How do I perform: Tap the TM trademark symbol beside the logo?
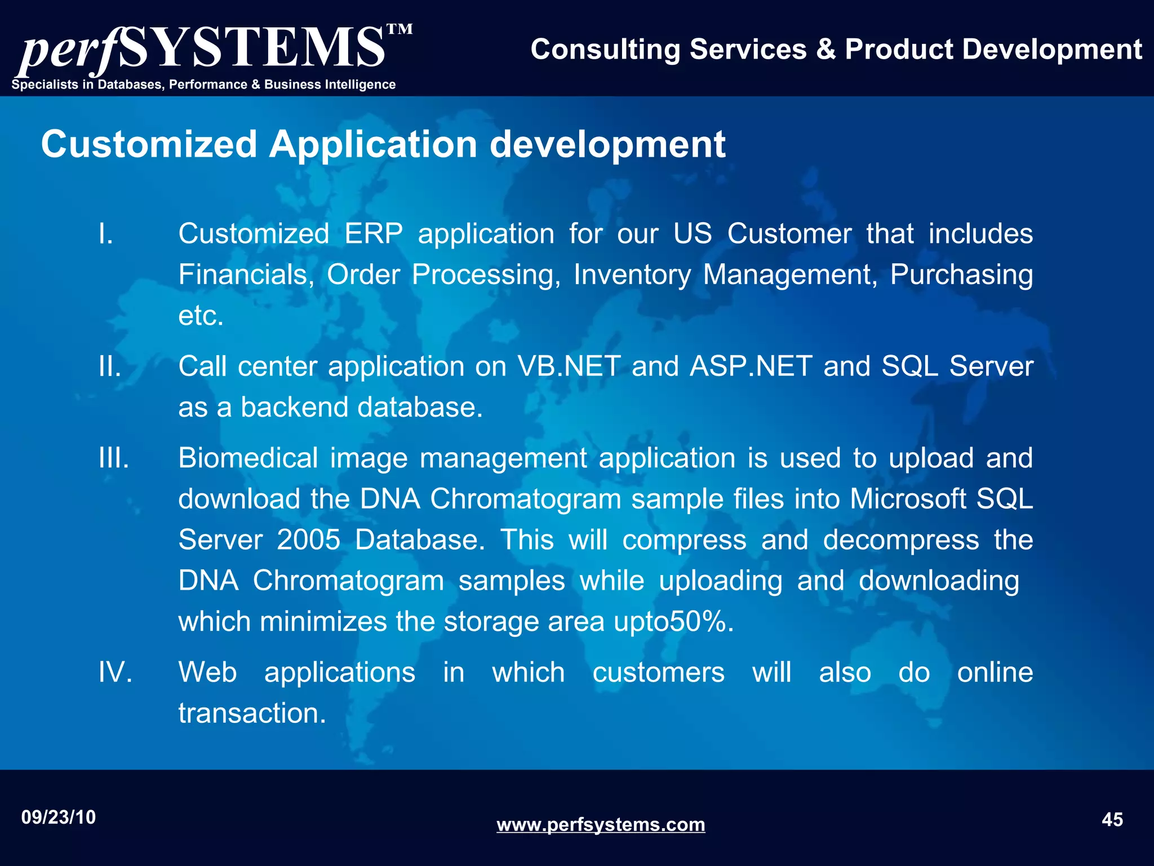point(400,29)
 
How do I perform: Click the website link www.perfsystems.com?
point(601,824)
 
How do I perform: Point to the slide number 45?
point(1112,819)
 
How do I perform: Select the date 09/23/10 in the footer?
point(59,817)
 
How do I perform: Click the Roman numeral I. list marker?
point(106,233)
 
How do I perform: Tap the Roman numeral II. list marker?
point(110,366)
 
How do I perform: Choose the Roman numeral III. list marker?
point(114,458)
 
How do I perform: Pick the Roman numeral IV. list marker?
point(116,672)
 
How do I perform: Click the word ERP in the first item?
point(374,233)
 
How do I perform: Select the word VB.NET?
point(569,366)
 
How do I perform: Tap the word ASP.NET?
point(751,366)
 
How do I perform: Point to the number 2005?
point(309,540)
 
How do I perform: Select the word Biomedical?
point(248,458)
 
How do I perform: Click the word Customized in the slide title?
point(149,144)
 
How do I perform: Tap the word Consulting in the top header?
point(606,49)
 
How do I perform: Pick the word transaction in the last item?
point(252,713)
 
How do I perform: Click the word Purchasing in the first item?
point(961,275)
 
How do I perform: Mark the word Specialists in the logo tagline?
point(45,85)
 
